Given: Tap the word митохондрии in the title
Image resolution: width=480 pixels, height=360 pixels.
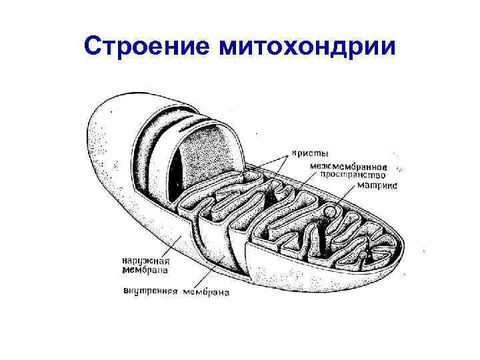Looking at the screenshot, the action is (305, 47).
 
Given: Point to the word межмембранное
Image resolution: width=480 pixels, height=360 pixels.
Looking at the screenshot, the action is (353, 165).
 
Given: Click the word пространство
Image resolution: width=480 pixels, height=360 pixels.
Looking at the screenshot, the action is (353, 175).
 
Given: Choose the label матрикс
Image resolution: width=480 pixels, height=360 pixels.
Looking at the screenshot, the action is (377, 186).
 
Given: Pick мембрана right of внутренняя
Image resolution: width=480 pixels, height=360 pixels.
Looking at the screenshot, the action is (208, 292).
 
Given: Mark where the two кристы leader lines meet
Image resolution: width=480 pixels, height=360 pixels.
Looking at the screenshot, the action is (289, 155).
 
